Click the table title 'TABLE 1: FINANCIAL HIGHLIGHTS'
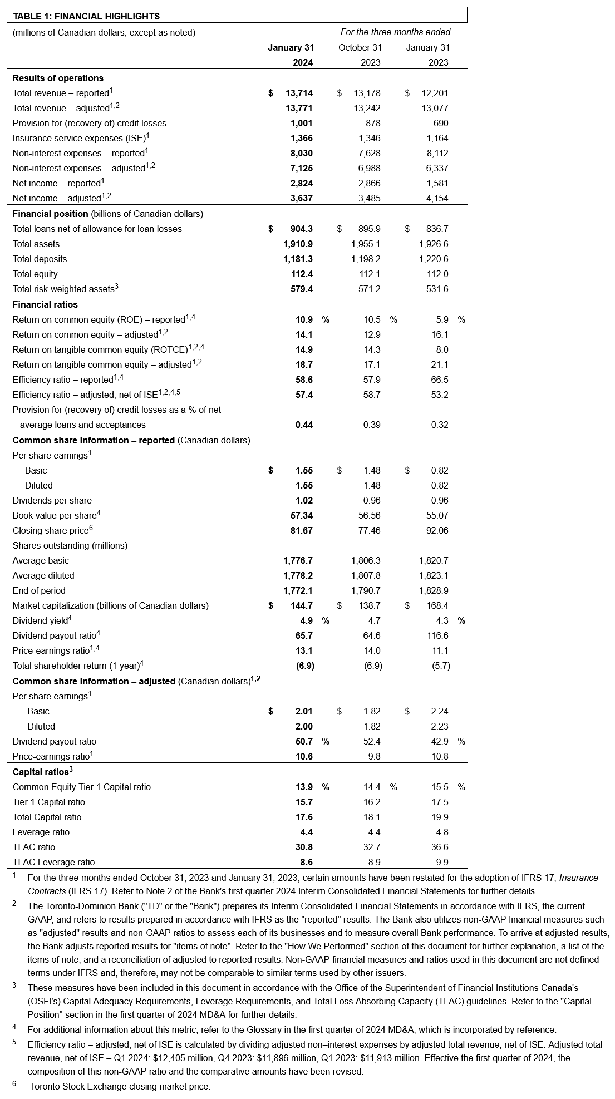click(86, 16)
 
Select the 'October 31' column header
click(360, 47)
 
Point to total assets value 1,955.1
click(366, 244)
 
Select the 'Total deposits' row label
click(40, 259)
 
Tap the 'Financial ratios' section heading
click(45, 304)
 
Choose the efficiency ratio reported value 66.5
click(439, 380)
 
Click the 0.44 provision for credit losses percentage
click(304, 425)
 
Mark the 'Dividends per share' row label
click(52, 500)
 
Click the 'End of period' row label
click(39, 590)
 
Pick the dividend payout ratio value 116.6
click(437, 635)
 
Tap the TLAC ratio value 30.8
click(304, 847)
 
